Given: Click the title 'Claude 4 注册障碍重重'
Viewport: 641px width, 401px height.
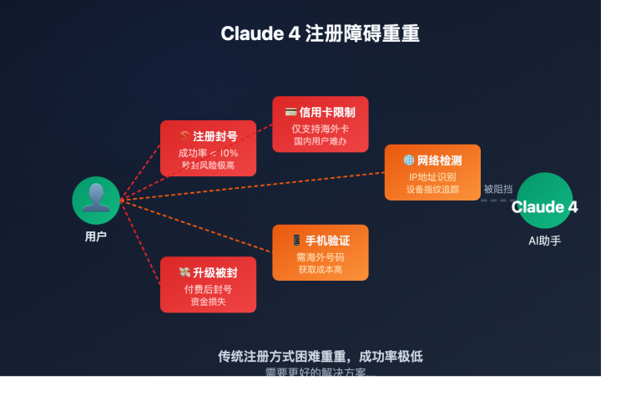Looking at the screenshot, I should pos(320,33).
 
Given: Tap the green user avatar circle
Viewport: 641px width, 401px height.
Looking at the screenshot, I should pos(96,200).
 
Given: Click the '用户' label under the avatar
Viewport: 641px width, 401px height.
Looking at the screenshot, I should pos(96,236).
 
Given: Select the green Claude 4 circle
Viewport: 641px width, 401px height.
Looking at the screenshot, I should pos(544,200).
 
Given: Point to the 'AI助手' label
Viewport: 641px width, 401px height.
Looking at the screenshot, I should pos(544,241).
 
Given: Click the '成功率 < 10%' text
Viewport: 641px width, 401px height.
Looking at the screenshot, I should pos(208,153).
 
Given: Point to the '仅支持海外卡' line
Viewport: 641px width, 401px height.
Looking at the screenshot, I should pos(320,129).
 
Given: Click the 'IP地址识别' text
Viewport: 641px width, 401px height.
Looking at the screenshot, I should pos(432,177).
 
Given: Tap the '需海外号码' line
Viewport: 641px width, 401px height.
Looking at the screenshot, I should pos(320,257).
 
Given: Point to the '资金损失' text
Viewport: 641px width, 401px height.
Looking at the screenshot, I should pos(208,302).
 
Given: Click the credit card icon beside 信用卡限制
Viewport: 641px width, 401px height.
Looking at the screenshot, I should pos(290,112).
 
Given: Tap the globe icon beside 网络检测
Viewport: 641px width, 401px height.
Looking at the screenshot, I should pos(409,160).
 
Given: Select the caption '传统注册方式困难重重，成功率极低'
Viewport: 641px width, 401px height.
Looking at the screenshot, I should pos(320,356).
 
